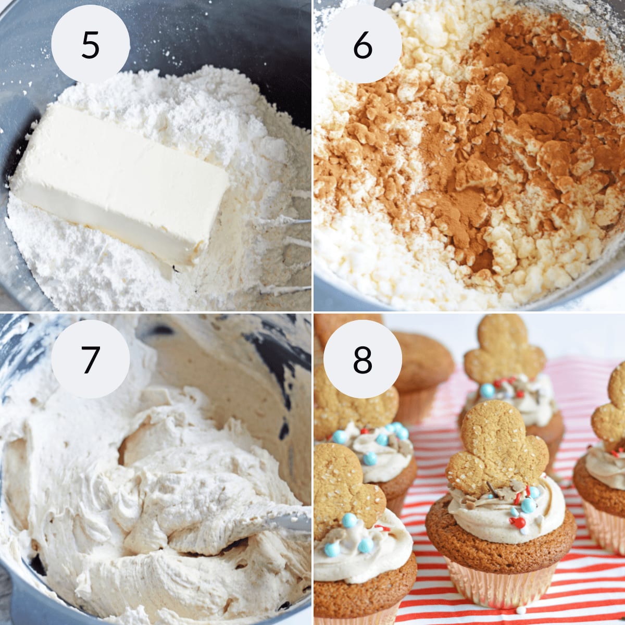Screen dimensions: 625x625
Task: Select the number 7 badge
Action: pos(90,359)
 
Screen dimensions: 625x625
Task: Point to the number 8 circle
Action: pos(362,359)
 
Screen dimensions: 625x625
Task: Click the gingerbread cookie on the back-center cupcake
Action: pos(504,349)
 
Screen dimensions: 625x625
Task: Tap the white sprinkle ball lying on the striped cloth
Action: pos(519,609)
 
